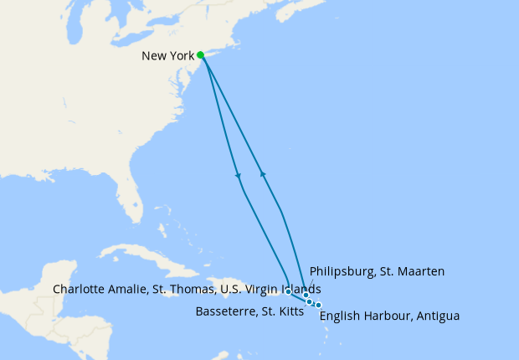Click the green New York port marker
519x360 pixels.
point(201,55)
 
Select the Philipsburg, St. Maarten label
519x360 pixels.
point(377,271)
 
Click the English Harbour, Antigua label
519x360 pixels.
point(390,316)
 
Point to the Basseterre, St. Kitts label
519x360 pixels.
point(249,311)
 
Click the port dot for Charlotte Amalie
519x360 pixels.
point(288,291)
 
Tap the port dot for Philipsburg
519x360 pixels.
point(306,296)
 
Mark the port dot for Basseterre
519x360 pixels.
point(310,301)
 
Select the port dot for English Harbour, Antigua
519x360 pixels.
point(318,305)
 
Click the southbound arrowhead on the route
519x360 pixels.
point(239,176)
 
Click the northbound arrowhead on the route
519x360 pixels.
point(263,173)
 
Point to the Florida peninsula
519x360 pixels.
point(129,198)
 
